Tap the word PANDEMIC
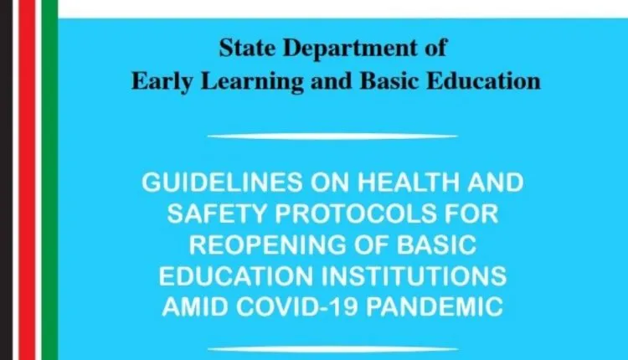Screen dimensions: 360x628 coord(435,307)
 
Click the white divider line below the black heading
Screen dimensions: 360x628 coord(332,136)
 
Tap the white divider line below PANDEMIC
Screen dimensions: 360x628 coord(332,347)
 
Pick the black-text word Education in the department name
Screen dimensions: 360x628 coord(490,81)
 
